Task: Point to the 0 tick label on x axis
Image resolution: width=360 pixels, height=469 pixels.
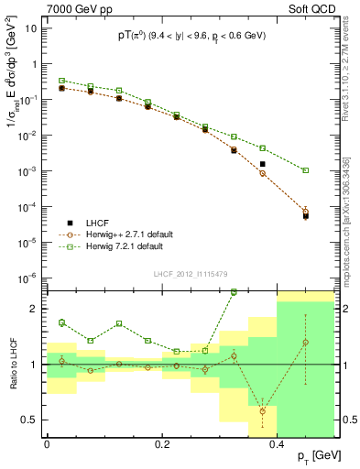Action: pos(47,443)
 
